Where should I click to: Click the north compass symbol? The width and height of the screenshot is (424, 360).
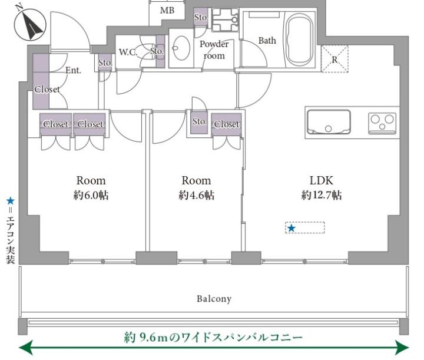[30, 25]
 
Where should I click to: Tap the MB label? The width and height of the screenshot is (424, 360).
[167, 11]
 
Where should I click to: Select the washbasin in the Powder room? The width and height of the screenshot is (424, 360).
[181, 48]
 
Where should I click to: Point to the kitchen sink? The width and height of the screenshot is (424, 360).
[329, 122]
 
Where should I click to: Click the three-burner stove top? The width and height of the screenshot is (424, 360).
[382, 123]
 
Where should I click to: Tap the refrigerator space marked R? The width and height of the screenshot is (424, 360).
[334, 59]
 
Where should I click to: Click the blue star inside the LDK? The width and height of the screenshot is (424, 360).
[291, 228]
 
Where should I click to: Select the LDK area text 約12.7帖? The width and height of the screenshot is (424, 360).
[322, 195]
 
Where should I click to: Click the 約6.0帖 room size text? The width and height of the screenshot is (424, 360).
[91, 195]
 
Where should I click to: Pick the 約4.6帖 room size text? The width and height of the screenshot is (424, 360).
[197, 195]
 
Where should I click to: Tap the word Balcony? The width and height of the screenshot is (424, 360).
[214, 299]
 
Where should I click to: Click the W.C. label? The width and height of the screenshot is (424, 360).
[128, 52]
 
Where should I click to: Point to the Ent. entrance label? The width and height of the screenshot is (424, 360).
[73, 70]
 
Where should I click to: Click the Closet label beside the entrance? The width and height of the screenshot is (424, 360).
[47, 89]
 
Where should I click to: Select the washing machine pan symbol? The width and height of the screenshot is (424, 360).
[225, 20]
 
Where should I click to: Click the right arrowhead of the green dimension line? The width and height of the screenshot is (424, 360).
[402, 347]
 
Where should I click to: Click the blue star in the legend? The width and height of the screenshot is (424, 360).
[11, 201]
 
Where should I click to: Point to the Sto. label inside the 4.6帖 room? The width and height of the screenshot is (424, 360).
[200, 121]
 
